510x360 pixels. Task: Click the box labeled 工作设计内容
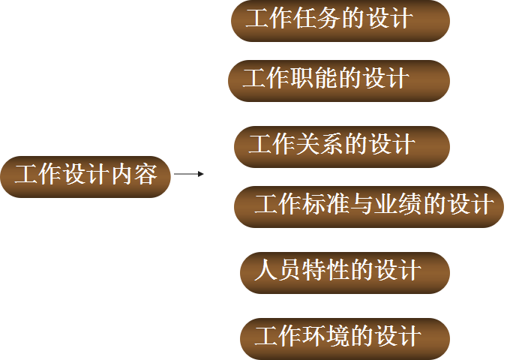pyautogui.click(x=85, y=176)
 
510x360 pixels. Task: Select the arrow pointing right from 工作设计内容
pyautogui.click(x=189, y=174)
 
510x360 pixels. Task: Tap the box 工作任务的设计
pyautogui.click(x=340, y=20)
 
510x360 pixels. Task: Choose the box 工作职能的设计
pyautogui.click(x=338, y=80)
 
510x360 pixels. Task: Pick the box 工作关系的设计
pyautogui.click(x=341, y=145)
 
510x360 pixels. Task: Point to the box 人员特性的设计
pyautogui.click(x=344, y=271)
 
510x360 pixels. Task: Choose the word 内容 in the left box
pyautogui.click(x=135, y=175)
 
